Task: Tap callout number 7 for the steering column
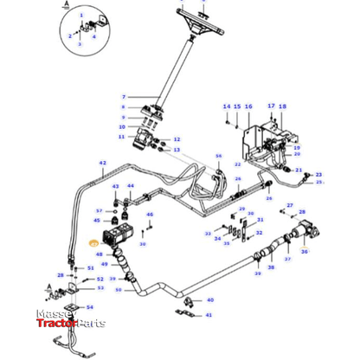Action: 124,97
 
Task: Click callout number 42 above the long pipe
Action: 101,163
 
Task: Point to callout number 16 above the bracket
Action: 248,106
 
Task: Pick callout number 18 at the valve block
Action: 282,106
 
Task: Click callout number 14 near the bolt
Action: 227,106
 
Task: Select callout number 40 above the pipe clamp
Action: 210,299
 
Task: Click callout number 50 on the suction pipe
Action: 119,289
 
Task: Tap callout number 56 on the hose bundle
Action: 218,157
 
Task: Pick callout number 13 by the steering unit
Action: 177,150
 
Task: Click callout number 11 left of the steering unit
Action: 122,138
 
